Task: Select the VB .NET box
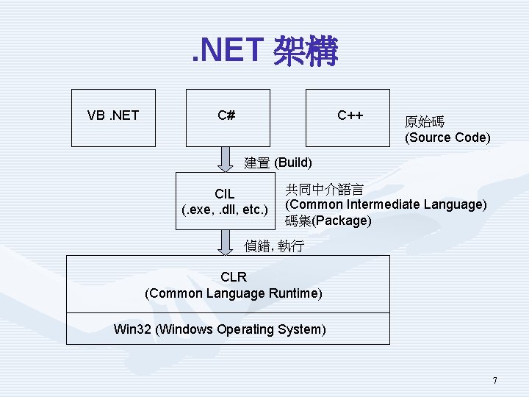tap(113, 117)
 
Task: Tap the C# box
tap(227, 117)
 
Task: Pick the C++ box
tap(348, 117)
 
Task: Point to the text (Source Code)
tap(447, 137)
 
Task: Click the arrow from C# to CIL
tap(224, 158)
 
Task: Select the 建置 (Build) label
tap(278, 162)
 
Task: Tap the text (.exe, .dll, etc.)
tap(225, 210)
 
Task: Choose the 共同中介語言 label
tap(324, 188)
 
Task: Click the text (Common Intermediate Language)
tap(386, 204)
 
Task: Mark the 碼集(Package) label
tap(328, 221)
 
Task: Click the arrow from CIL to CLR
tap(224, 243)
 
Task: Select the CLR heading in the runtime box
tap(234, 277)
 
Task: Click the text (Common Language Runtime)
tap(234, 293)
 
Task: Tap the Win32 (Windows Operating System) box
tap(228, 329)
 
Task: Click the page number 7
tap(494, 380)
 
